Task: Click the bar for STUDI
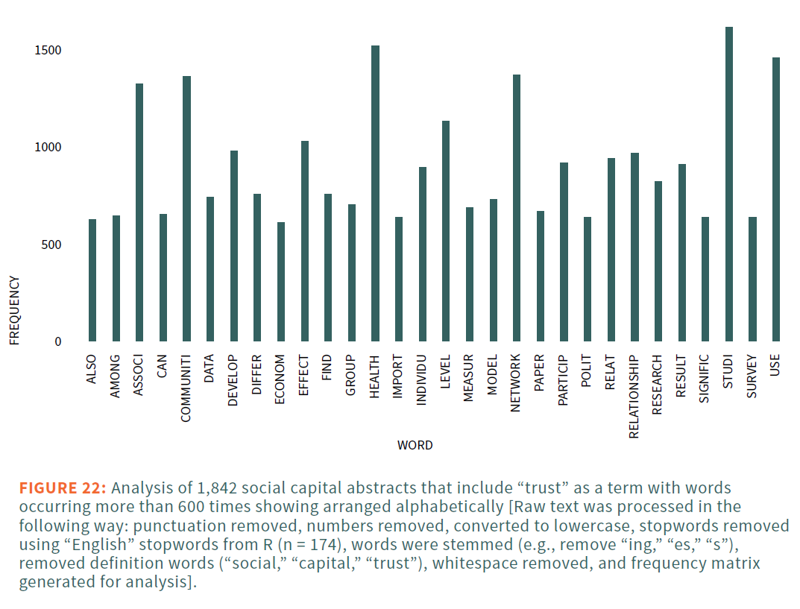pos(728,184)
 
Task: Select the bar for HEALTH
pos(375,194)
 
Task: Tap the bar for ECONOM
pos(280,282)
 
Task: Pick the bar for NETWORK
pos(517,208)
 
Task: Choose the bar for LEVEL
pos(446,231)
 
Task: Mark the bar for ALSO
pos(92,280)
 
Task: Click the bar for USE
pos(775,200)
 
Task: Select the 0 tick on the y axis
pos(57,342)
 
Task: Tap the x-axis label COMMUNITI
pos(186,388)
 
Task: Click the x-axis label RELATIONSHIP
pos(634,396)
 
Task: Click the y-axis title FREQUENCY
pos(14,310)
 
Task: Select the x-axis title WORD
pos(415,446)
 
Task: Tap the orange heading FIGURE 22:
pos(63,489)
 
